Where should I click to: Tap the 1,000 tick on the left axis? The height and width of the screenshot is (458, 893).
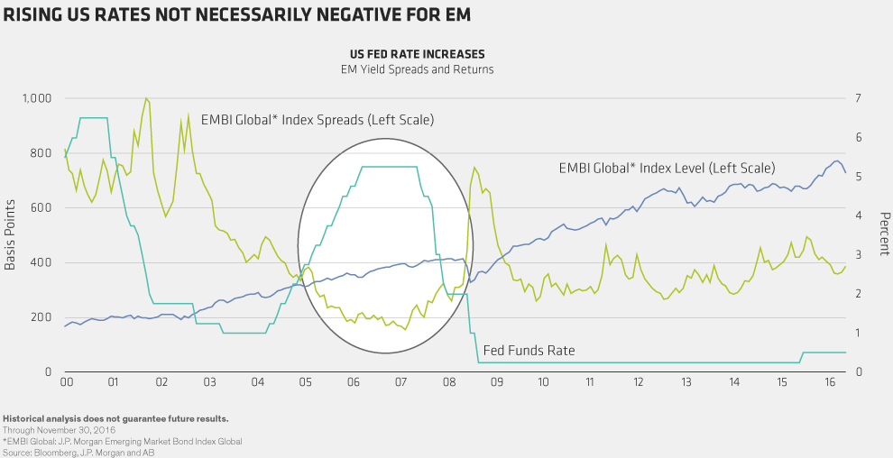35,97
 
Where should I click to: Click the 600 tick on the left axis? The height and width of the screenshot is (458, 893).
40,207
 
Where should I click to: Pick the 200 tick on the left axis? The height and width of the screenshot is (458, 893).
40,317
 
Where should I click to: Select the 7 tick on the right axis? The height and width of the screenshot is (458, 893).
857,97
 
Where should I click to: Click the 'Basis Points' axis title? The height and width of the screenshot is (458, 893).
10,235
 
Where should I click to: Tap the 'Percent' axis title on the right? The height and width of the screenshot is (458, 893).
884,235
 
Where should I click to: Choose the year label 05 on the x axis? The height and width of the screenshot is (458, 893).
304,383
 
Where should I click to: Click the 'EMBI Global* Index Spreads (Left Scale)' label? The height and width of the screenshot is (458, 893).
318,119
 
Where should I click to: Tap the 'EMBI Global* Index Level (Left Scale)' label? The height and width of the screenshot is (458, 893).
667,168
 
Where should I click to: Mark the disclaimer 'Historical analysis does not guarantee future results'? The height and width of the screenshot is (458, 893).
115,419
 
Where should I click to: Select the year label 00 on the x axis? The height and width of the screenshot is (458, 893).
66,383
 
